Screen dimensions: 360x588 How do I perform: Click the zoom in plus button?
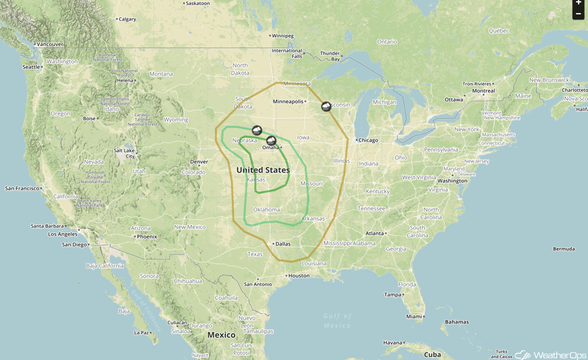click(x=579, y=3)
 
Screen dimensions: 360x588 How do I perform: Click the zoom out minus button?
click(x=579, y=14)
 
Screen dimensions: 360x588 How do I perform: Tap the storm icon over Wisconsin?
click(x=326, y=106)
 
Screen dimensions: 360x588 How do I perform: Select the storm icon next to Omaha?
click(x=271, y=141)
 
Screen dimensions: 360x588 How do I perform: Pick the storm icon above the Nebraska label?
click(x=256, y=130)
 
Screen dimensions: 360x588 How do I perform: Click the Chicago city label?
click(x=368, y=140)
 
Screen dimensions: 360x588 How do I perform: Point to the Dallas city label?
click(x=282, y=244)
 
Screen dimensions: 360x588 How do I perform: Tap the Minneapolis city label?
click(x=288, y=101)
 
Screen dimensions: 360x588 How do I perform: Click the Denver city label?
click(x=198, y=162)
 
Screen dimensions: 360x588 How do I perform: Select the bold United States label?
click(x=263, y=170)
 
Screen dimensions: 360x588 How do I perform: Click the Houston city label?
click(x=299, y=276)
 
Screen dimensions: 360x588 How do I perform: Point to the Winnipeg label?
click(x=283, y=36)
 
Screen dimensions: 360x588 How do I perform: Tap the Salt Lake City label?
click(x=124, y=153)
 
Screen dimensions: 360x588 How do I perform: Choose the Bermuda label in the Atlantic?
click(x=564, y=249)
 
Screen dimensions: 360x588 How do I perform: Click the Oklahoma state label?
click(x=266, y=209)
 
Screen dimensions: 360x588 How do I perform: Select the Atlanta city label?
click(x=374, y=233)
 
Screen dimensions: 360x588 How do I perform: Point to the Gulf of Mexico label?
click(x=337, y=321)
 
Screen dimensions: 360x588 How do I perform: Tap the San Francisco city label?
click(x=22, y=188)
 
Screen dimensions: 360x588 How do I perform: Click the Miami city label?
click(x=413, y=317)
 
